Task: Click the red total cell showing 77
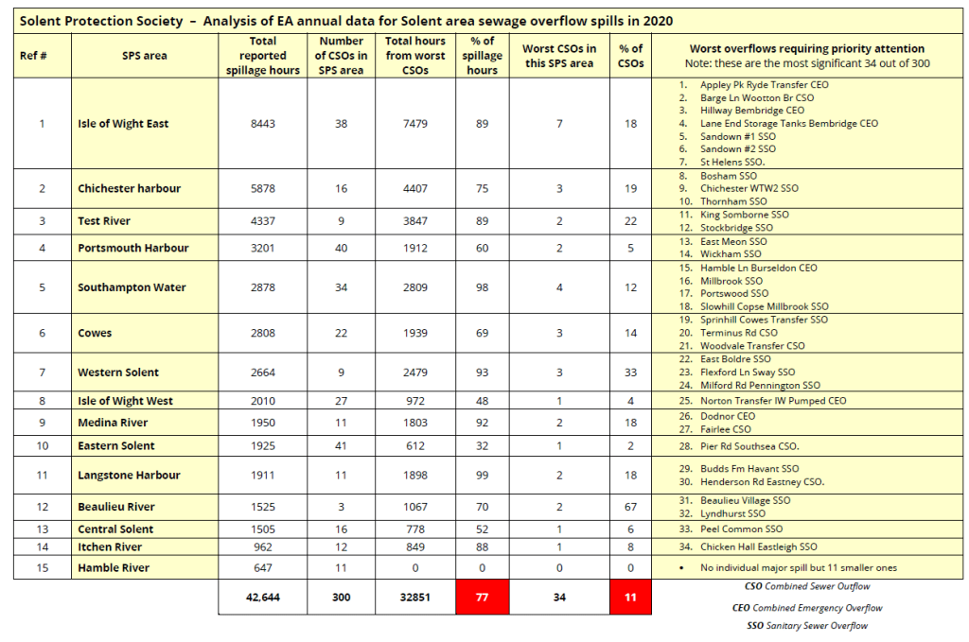point(482,597)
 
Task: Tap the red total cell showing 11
point(630,597)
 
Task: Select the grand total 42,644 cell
point(262,597)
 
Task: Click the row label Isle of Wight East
point(123,124)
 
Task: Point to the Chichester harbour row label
point(129,188)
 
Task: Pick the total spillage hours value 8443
point(262,124)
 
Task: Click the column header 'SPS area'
point(144,56)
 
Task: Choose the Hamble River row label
point(114,568)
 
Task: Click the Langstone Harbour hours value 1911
point(262,476)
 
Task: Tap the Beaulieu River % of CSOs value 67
point(630,507)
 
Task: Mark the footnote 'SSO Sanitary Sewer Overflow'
point(806,626)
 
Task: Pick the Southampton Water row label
point(132,287)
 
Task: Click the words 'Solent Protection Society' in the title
point(86,21)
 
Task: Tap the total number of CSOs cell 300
point(342,597)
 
